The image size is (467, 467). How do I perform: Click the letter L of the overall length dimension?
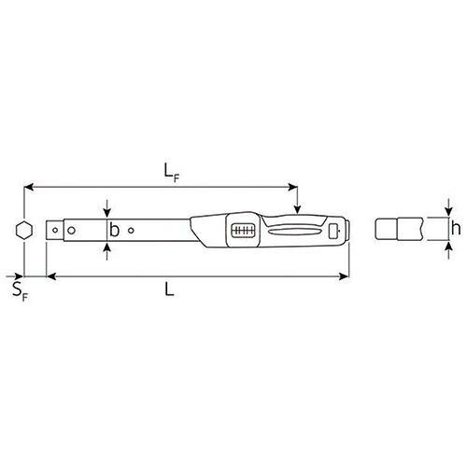(169, 290)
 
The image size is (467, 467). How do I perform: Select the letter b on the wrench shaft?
(114, 229)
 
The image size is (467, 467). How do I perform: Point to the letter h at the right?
(455, 228)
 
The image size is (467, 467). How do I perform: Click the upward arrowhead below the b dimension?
(109, 245)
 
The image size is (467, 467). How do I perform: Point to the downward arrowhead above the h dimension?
(448, 211)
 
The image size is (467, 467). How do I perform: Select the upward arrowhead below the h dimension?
(448, 246)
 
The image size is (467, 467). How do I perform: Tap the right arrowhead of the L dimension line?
(347, 276)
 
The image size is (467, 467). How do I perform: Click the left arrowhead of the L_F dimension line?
(29, 186)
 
